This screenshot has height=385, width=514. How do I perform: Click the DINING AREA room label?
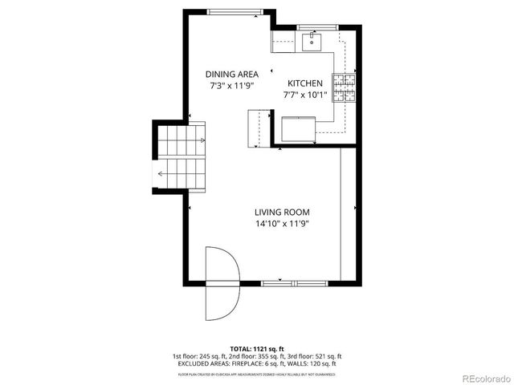[x=231, y=74]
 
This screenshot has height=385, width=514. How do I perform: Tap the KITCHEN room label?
[x=305, y=83]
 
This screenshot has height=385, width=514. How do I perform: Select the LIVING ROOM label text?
[x=282, y=213]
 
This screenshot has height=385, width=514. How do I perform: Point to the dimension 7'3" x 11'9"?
[x=231, y=85]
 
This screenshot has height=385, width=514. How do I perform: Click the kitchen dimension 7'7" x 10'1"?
[x=305, y=95]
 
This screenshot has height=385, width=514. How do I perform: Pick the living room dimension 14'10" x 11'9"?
[x=282, y=224]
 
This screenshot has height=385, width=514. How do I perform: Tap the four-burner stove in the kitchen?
[x=345, y=88]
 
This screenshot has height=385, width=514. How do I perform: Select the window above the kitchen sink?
[x=314, y=27]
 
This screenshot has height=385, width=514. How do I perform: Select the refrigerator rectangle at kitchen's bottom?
[x=298, y=129]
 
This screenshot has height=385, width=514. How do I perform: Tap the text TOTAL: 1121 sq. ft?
[x=256, y=349]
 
